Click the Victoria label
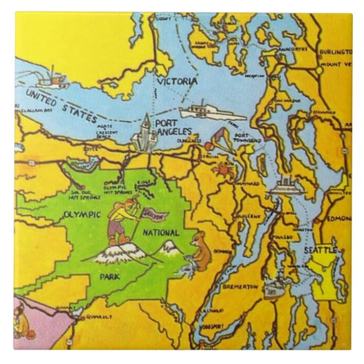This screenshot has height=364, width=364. coord(177,81)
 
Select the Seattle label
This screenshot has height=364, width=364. coord(321,251)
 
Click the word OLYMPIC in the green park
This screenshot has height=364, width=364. coord(82,214)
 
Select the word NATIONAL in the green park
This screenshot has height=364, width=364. coord(162,232)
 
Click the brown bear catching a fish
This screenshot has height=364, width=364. coord(199,251)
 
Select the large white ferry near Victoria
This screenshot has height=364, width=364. coord(203,111)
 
